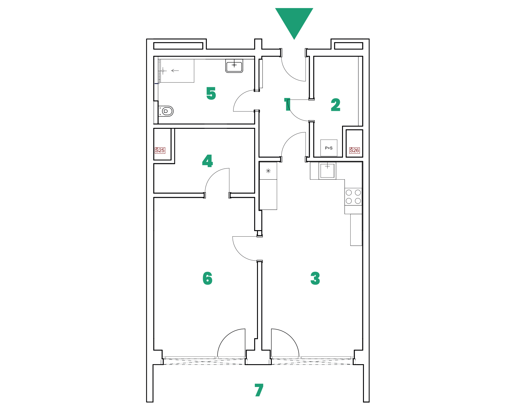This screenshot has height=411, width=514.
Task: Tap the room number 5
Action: (x=211, y=93)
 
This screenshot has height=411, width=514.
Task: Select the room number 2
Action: (x=336, y=105)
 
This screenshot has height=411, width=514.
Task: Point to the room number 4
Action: (x=207, y=161)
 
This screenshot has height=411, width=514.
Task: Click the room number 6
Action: (x=207, y=278)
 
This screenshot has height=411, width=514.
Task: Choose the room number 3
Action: (x=315, y=278)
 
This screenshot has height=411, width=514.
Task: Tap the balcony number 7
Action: (x=259, y=390)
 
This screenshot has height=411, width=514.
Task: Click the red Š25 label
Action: (x=160, y=150)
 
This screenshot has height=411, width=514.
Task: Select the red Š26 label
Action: (x=354, y=150)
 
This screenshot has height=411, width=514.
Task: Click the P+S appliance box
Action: (x=329, y=148)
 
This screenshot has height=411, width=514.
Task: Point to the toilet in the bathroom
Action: (x=166, y=111)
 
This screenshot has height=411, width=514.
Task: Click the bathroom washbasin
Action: (x=234, y=66)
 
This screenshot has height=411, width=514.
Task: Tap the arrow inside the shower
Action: (x=175, y=71)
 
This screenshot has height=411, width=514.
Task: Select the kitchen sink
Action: (x=327, y=170)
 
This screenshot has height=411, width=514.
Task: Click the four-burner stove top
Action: (x=353, y=197)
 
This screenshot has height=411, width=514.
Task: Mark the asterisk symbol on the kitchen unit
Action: (x=268, y=171)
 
